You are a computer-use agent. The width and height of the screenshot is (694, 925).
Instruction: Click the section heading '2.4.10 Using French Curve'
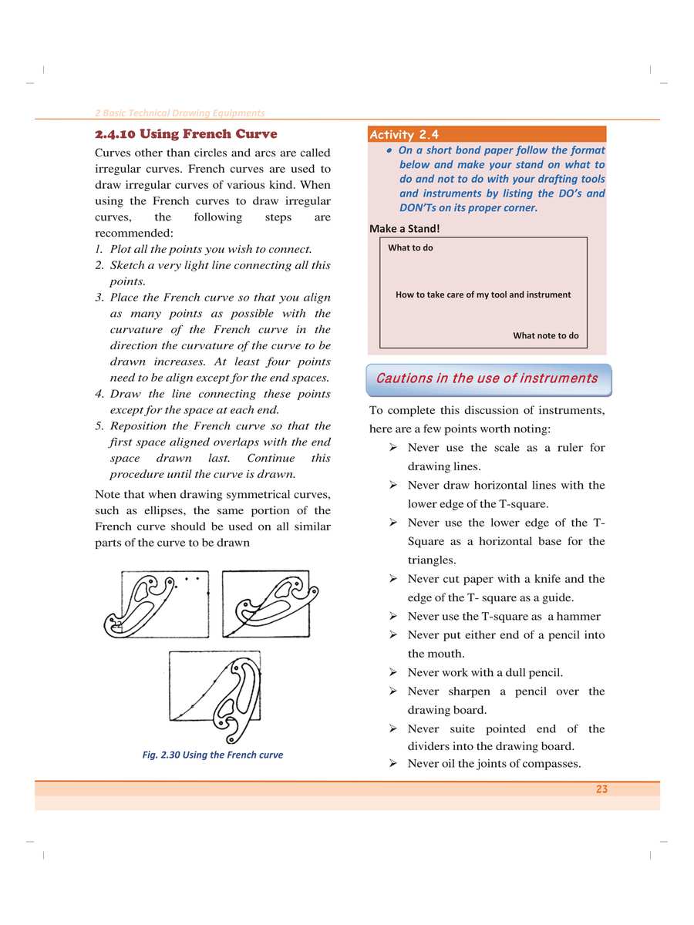coord(185,135)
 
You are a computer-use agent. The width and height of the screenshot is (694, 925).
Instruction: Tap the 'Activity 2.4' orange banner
coord(487,135)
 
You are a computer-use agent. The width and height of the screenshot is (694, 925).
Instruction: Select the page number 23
coord(601,789)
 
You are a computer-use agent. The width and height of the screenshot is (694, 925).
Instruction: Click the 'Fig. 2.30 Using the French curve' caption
coord(213,755)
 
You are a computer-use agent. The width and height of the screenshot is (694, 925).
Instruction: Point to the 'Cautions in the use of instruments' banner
coord(487,378)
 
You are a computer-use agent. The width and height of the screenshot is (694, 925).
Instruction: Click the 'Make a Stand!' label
coord(405,229)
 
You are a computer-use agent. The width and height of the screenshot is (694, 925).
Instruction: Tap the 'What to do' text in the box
coord(410,248)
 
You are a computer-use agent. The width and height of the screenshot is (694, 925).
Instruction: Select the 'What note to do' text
coord(545,336)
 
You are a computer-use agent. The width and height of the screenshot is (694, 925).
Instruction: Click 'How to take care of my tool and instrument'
coord(483,294)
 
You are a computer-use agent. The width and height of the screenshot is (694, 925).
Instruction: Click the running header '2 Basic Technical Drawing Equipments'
coord(179,113)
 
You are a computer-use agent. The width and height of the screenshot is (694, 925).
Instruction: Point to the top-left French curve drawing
coord(157,605)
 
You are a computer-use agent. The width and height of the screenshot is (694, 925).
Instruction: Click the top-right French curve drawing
coord(266,604)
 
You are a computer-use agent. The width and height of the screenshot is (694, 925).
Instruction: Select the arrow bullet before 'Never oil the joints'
coord(393,764)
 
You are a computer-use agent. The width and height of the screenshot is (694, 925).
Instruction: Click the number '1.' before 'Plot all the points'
coord(99,250)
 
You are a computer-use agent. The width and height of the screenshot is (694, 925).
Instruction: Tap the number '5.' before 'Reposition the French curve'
coord(99,426)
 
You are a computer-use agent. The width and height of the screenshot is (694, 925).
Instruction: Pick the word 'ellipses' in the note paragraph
coord(163,511)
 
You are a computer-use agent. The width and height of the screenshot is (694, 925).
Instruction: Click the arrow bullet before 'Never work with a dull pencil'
coord(393,673)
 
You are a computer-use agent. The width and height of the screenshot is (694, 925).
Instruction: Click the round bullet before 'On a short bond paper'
coord(391,151)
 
